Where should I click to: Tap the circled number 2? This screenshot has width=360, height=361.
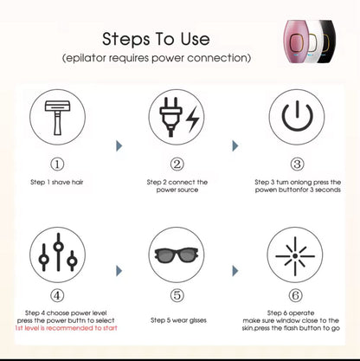[x=177, y=164]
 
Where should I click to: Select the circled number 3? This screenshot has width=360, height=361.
[x=296, y=164]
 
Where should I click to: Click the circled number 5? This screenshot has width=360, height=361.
[x=177, y=295]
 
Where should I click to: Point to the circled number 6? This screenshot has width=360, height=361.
[x=296, y=295]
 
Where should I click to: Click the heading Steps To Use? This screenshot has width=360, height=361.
[x=157, y=39]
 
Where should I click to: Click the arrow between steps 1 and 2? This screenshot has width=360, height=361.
[x=118, y=148]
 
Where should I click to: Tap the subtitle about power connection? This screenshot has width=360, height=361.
[x=157, y=57]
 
